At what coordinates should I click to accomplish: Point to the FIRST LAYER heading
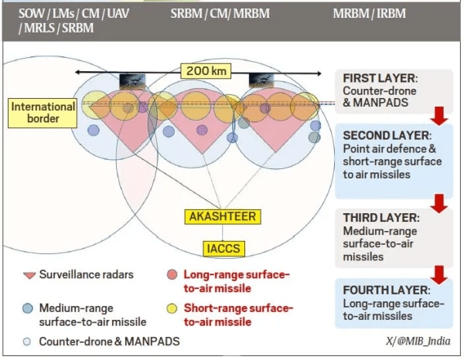coord(380,78)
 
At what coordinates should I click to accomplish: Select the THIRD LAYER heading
coord(381,218)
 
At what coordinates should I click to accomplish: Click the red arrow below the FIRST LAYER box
coord(439,115)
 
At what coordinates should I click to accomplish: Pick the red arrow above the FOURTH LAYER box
coord(439,273)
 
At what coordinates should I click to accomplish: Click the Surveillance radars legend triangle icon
coord(28,275)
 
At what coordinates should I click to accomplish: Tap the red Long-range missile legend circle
coord(172,275)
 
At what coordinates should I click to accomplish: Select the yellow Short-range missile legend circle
coord(172,308)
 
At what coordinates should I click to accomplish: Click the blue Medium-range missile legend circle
coord(28,308)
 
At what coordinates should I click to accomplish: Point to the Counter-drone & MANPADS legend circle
coord(28,341)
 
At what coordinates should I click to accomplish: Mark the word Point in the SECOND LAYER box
coord(357,148)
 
